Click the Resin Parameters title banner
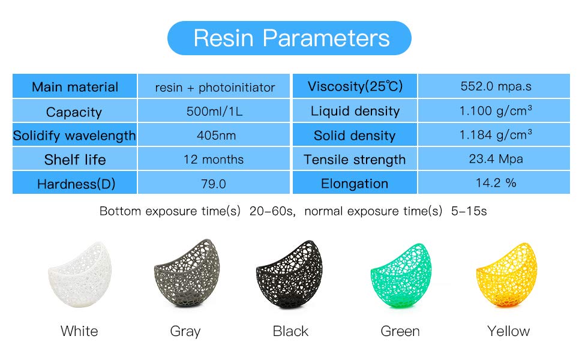pyautogui.click(x=289, y=38)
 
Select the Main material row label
pyautogui.click(x=75, y=87)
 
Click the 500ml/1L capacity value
pyautogui.click(x=215, y=111)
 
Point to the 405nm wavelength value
pyautogui.click(x=216, y=135)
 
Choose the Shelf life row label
pyautogui.click(x=75, y=160)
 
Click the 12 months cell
pyautogui.click(x=214, y=159)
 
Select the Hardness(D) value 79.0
pyautogui.click(x=214, y=184)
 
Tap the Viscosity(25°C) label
pyautogui.click(x=355, y=86)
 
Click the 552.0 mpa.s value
pyautogui.click(x=496, y=86)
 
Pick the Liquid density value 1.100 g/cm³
pyautogui.click(x=496, y=110)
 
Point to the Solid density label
pyautogui.click(x=355, y=136)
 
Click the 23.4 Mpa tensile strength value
pyautogui.click(x=496, y=159)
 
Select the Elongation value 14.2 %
pyautogui.click(x=496, y=182)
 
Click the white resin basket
pyautogui.click(x=79, y=275)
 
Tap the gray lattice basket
pyautogui.click(x=187, y=273)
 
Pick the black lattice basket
pyautogui.click(x=289, y=275)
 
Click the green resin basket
pyautogui.click(x=401, y=275)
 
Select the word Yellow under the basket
pyautogui.click(x=509, y=331)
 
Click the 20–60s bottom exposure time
pyautogui.click(x=271, y=211)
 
